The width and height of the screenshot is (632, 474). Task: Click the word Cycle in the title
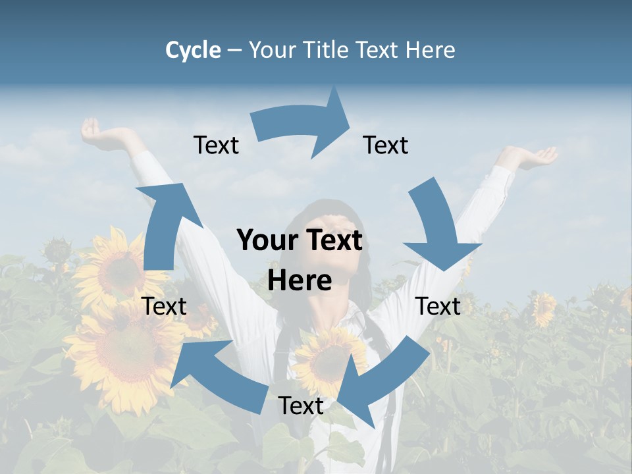coord(193,50)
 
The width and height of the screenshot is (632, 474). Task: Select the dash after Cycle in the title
coord(234,51)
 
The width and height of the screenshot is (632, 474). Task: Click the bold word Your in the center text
coord(267,240)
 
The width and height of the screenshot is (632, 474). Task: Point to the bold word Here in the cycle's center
coord(300,280)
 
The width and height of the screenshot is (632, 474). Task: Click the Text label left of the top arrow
coord(216,145)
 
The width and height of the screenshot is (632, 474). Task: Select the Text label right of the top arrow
coord(386,145)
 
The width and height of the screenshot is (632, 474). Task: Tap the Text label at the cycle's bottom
coord(301,406)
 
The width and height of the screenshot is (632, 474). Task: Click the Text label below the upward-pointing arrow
coord(165,306)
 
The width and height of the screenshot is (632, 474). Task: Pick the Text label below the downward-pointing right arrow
coord(438,306)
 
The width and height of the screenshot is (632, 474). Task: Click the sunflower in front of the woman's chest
coord(326,359)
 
